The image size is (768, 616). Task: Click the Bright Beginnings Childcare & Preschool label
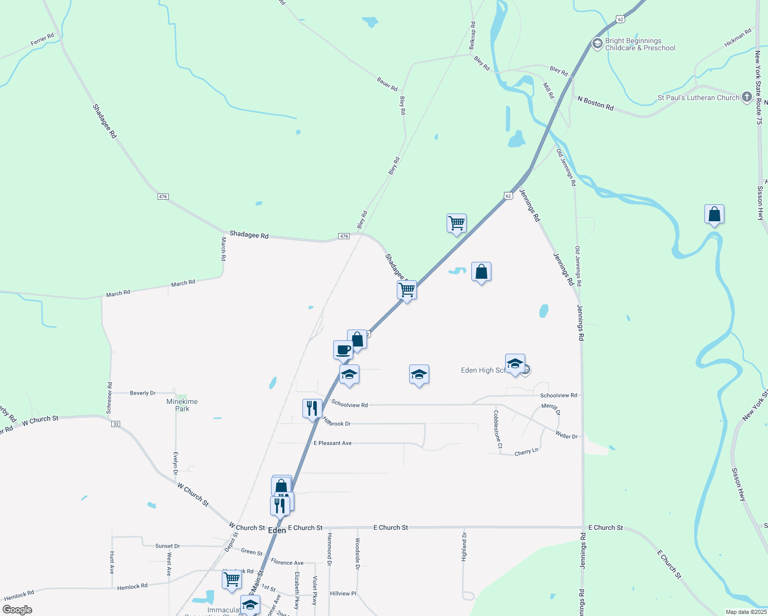tap(640, 45)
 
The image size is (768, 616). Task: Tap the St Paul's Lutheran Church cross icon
tap(747, 97)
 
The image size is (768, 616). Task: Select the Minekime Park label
tap(182, 405)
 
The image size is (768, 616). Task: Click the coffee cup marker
tap(343, 351)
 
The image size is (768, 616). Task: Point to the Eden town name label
tap(277, 530)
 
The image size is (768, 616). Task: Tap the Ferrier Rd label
tap(42, 40)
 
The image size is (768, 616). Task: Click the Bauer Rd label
tap(387, 84)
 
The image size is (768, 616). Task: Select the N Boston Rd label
tap(596, 103)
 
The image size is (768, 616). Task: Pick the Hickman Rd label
tap(738, 37)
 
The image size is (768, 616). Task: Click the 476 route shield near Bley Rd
tap(344, 236)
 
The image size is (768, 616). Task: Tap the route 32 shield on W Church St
tap(116, 424)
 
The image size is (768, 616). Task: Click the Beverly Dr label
tap(143, 393)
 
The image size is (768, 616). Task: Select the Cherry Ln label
tap(526, 452)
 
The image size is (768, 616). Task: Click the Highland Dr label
tap(464, 547)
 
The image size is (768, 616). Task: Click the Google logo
tap(17, 610)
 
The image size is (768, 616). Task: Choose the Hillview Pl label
tap(343, 593)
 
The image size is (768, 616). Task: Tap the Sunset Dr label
tap(167, 546)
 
